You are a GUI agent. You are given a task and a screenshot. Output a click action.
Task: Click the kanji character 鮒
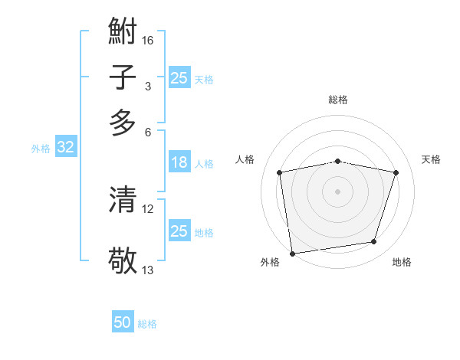coord(123,32)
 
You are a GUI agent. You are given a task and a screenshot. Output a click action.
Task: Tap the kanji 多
coord(123,123)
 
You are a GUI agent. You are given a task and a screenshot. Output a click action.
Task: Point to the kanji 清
coord(123,200)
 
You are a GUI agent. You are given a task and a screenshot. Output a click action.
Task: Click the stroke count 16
coord(149,40)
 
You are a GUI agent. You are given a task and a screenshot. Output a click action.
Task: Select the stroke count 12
coord(148,208)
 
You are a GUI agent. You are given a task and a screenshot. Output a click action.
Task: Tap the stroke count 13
coord(148,270)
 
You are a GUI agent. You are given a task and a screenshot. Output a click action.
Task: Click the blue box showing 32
coord(65,148)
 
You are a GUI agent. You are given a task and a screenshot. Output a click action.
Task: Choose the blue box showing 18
coord(179,162)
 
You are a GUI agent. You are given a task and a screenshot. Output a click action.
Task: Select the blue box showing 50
coord(123,323)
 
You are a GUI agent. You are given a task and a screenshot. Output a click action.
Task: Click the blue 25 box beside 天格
coord(179,78)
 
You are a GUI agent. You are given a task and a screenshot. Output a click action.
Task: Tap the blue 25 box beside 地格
coord(179,231)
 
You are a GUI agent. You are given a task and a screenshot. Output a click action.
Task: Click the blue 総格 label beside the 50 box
coord(147,324)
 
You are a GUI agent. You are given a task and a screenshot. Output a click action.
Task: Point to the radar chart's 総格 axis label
coord(338,100)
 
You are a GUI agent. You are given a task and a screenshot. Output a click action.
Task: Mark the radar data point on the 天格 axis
coord(396,172)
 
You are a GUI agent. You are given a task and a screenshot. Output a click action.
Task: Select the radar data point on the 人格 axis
coord(280,172)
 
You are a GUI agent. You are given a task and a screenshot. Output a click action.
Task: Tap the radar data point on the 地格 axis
coord(374,242)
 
